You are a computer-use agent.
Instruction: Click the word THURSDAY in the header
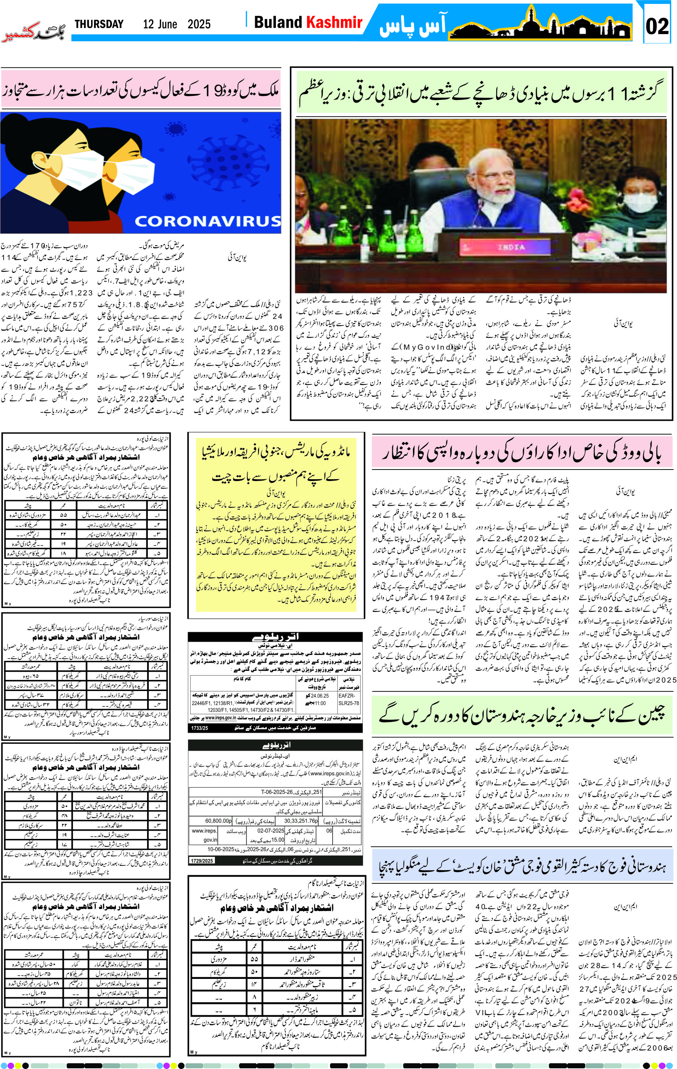(99, 24)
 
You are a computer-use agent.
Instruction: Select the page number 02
(657, 26)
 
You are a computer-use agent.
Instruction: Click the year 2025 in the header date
(199, 24)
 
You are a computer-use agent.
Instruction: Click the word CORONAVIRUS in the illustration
(207, 221)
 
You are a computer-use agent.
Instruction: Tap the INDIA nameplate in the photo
(511, 247)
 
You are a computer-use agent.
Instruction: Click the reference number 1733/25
(199, 728)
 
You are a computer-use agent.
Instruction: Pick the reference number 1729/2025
(202, 861)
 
